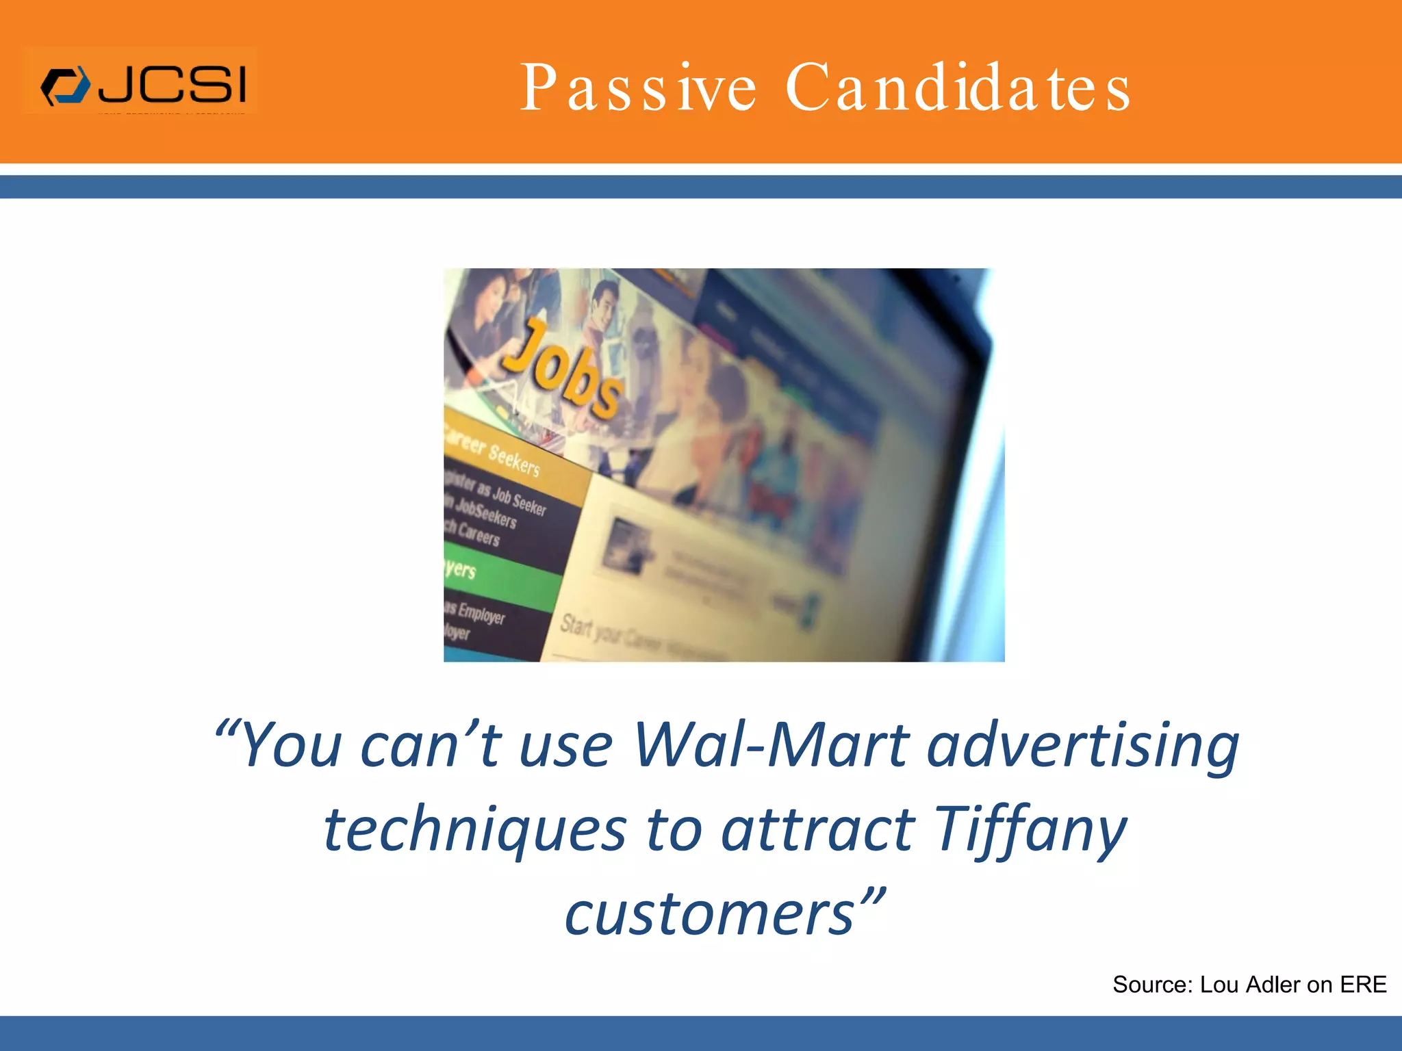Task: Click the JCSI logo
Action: (140, 85)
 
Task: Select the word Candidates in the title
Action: (958, 88)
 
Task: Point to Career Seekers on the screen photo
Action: (493, 452)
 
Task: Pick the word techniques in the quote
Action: (474, 829)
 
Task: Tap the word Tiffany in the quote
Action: (1030, 829)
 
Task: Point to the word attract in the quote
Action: (818, 829)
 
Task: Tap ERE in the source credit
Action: (1363, 985)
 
